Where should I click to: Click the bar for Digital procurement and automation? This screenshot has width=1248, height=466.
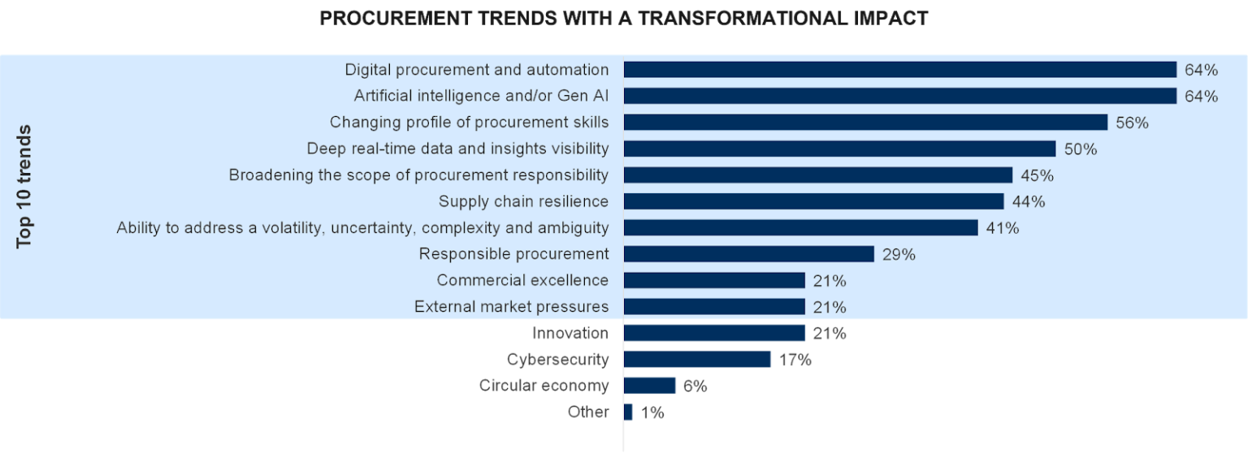899,70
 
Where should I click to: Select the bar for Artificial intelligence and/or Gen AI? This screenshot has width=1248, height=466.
899,96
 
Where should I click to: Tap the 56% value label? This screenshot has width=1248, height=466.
1132,123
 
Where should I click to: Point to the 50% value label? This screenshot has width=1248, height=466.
1081,149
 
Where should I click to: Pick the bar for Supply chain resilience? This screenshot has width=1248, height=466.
813,201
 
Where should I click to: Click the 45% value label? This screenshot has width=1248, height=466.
1037,175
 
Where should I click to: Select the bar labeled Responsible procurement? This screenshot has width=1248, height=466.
748,254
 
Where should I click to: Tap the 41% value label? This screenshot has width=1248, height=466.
1002,228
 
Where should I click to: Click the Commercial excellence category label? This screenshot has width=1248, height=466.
522,280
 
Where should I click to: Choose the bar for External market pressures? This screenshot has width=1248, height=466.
714,307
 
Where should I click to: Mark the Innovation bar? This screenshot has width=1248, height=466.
714,334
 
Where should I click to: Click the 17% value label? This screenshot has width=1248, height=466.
795,360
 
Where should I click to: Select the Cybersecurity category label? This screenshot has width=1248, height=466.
557,359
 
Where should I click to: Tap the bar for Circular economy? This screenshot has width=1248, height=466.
650,386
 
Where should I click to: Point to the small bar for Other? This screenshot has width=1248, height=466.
628,412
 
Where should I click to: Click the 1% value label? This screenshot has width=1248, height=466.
652,412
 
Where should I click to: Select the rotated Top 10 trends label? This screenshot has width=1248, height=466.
24,187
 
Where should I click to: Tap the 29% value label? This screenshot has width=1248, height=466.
899,255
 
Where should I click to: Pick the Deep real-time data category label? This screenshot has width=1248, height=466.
457,149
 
